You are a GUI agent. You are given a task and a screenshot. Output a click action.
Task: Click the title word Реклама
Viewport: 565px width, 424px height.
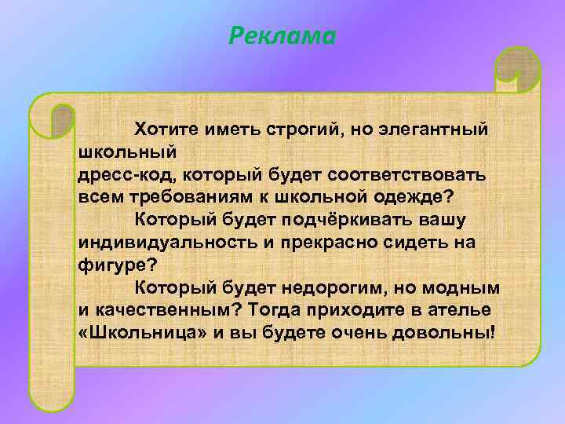coord(282,36)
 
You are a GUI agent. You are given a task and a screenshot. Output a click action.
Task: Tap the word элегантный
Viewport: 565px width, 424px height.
coord(433,128)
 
